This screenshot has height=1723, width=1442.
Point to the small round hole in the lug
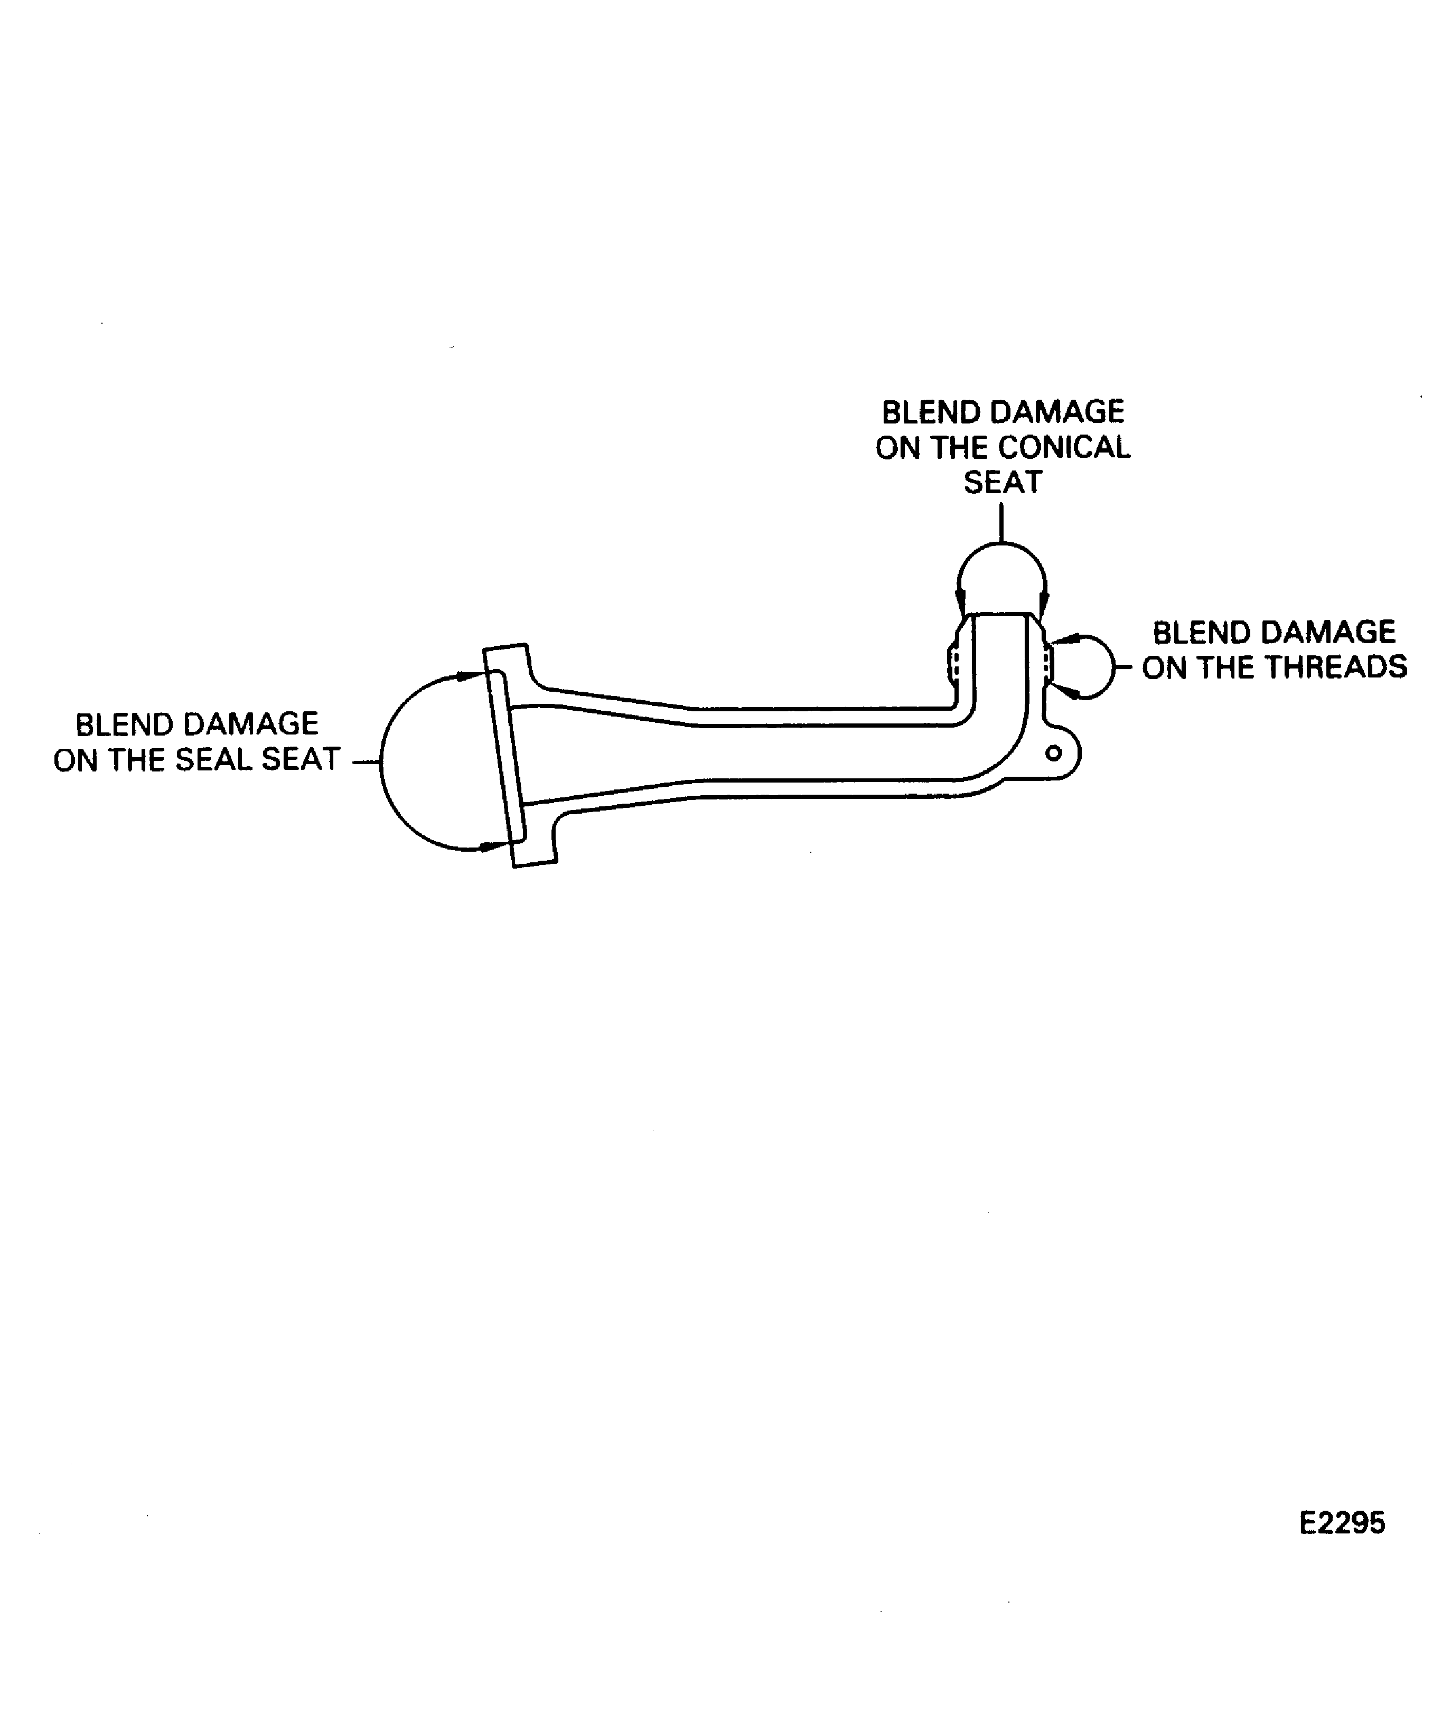point(1054,752)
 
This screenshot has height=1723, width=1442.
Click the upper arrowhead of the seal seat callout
point(470,676)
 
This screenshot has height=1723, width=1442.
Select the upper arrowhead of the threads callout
point(1064,638)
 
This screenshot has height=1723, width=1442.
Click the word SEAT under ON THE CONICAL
point(1002,483)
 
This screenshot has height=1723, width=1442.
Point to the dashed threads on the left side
point(953,661)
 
